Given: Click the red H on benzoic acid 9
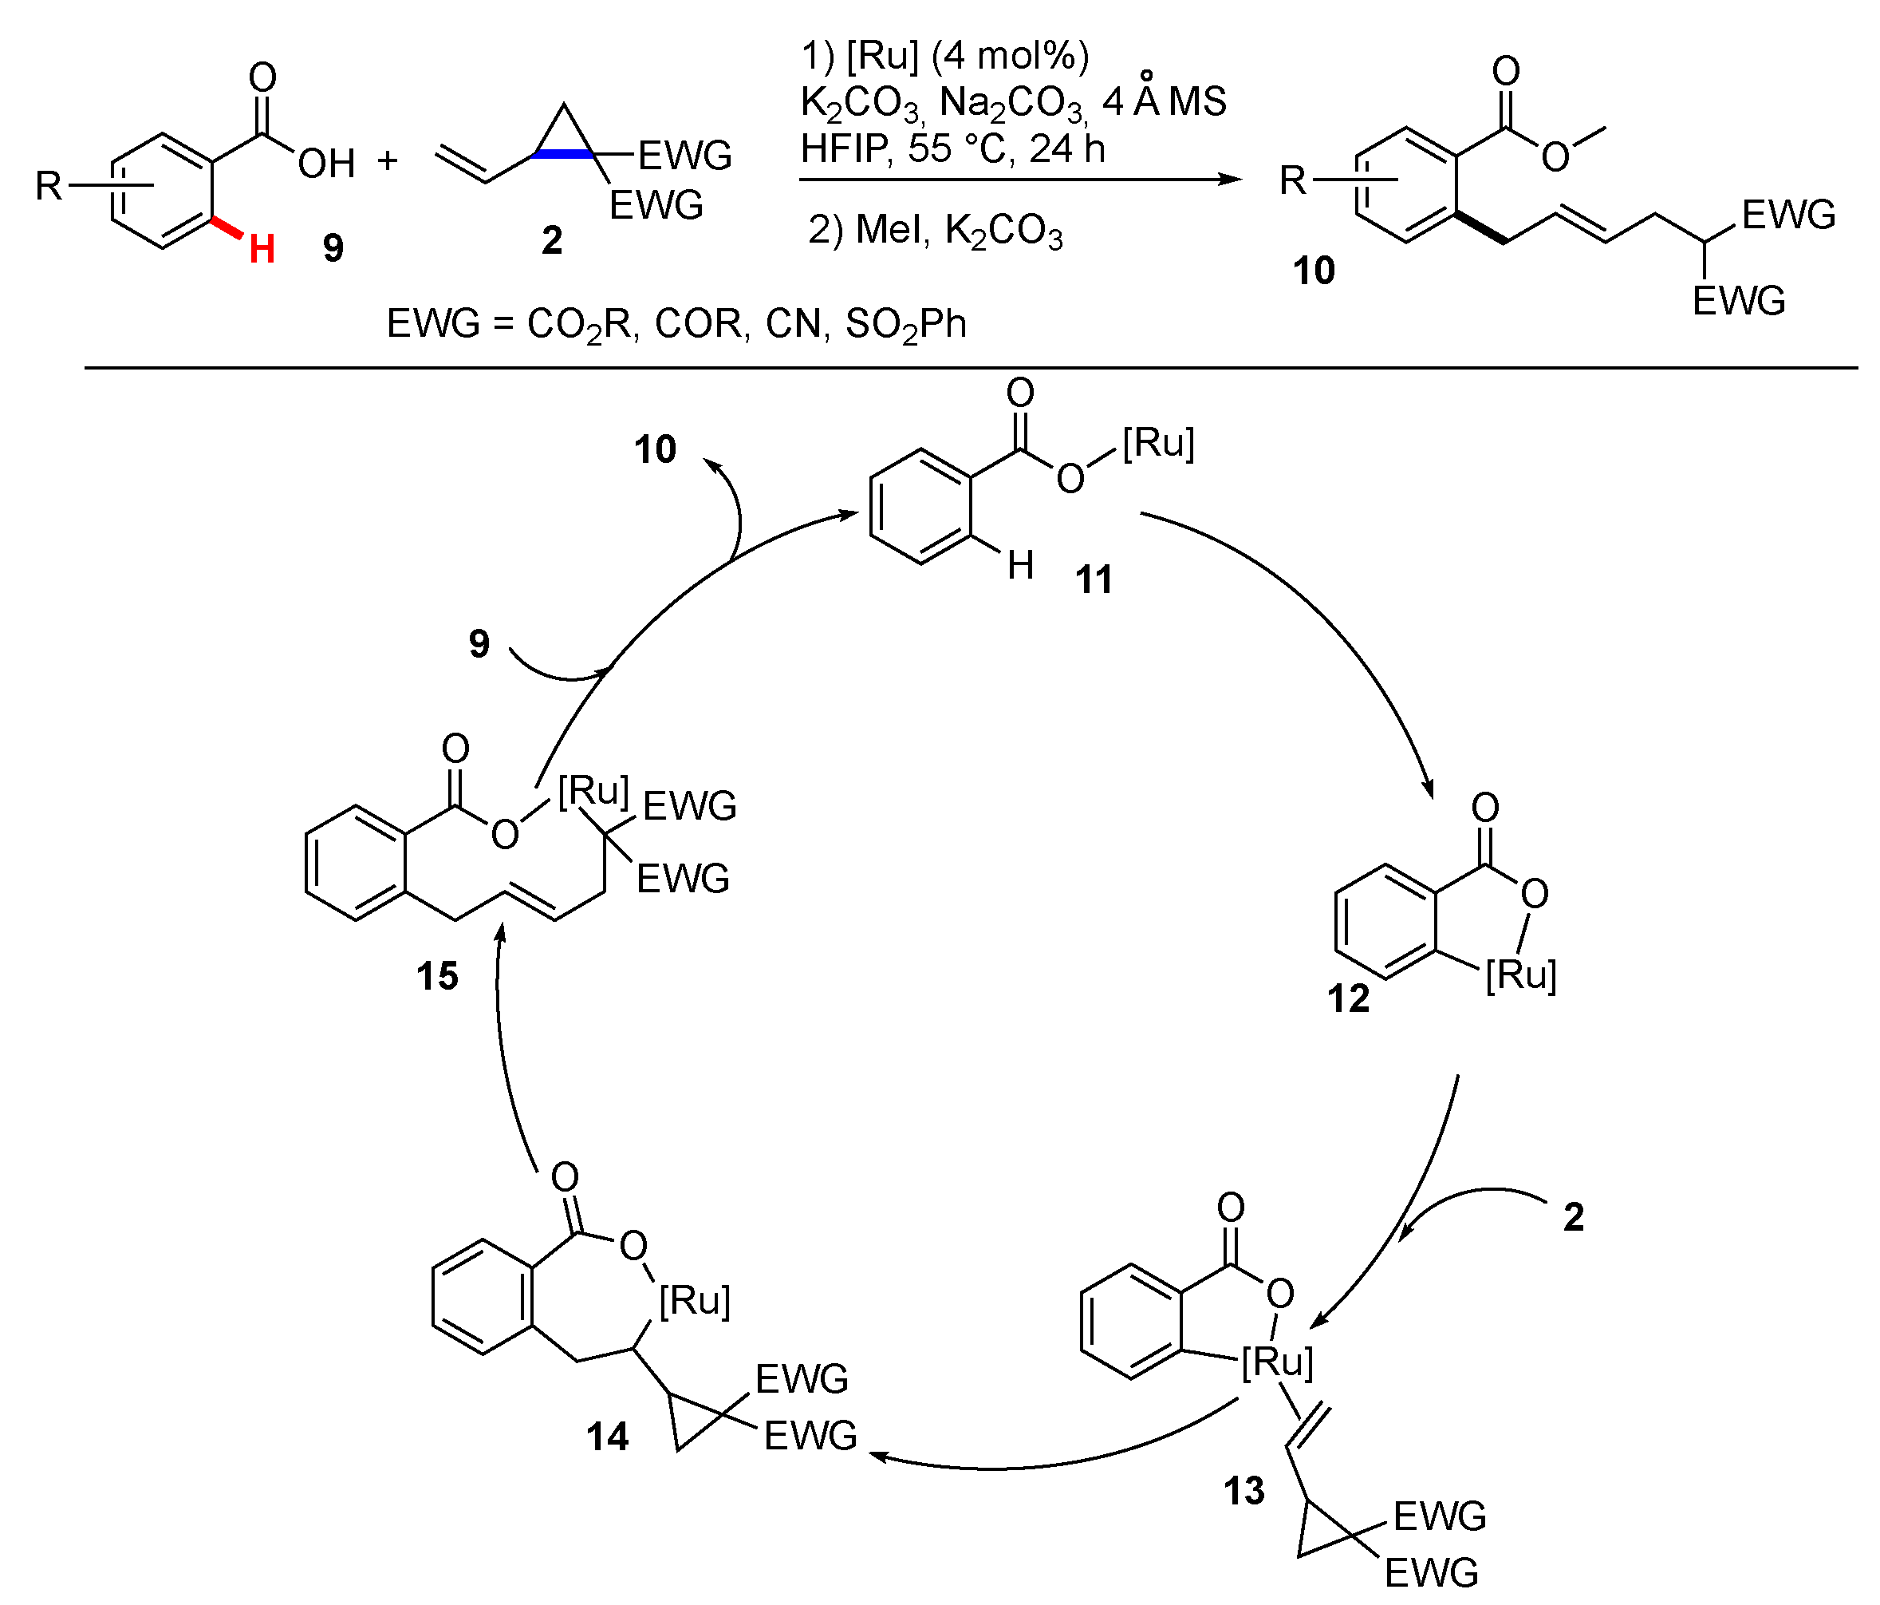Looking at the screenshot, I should click(x=262, y=248).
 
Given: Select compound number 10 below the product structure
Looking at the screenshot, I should click(x=1313, y=271).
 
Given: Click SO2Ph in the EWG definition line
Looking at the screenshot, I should click(x=905, y=324).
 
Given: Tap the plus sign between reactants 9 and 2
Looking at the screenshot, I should click(x=388, y=160).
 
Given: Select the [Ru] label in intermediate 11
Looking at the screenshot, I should click(x=1158, y=443).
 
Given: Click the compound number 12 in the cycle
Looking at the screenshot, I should click(x=1348, y=998).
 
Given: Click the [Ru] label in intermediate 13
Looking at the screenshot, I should click(x=1277, y=1362).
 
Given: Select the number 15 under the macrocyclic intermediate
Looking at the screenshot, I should click(x=437, y=977).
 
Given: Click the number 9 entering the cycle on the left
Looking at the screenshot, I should click(x=479, y=643).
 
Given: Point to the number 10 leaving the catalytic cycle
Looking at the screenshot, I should click(x=655, y=449).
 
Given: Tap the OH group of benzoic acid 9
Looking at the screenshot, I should click(x=327, y=164).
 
